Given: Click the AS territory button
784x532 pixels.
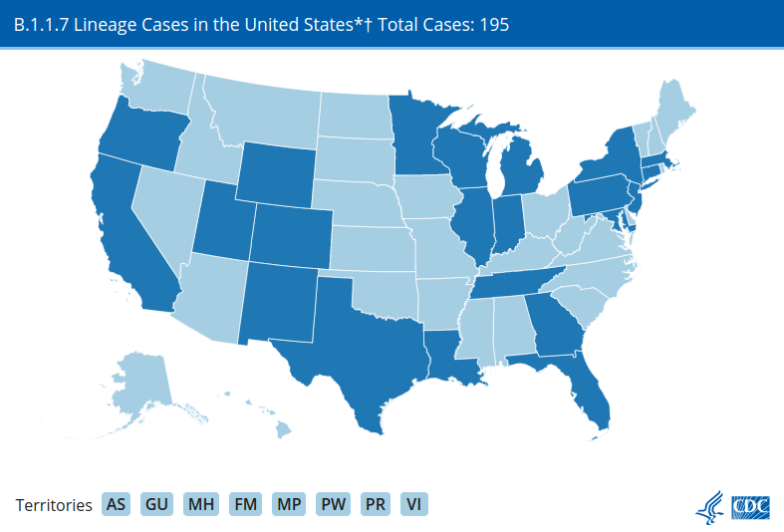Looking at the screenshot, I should (116, 504).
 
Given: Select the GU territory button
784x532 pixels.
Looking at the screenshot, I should (156, 504).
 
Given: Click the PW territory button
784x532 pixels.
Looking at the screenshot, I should (334, 504).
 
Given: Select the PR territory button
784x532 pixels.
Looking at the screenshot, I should (376, 504).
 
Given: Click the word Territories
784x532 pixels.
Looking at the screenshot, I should (55, 505).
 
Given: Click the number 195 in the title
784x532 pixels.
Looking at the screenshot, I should (493, 24).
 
